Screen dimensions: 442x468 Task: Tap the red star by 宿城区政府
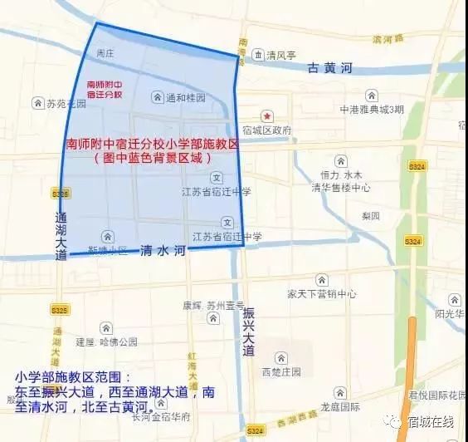[267, 116]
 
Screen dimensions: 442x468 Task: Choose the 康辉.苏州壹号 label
[214, 304]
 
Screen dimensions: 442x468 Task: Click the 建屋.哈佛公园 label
[106, 341]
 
